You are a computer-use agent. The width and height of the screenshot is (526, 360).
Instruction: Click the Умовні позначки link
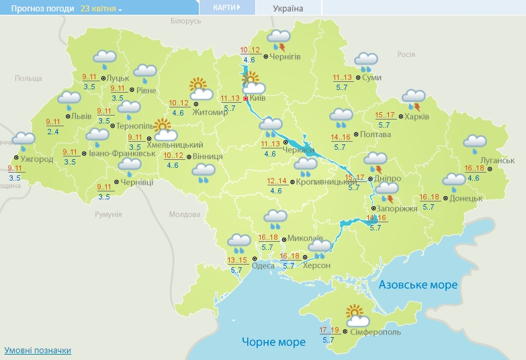(x=38, y=350)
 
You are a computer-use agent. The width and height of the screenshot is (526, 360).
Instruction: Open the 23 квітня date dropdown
(x=101, y=9)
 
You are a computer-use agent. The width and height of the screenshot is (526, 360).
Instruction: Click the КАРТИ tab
(x=227, y=7)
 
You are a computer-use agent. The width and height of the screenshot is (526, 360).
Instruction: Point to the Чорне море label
(x=273, y=342)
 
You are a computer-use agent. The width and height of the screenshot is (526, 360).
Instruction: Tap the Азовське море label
(x=418, y=285)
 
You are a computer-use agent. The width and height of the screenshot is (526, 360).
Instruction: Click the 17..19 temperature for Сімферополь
(x=328, y=330)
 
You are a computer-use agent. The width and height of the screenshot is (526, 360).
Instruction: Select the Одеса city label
(x=263, y=265)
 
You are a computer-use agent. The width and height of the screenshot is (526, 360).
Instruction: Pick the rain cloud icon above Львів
(x=69, y=101)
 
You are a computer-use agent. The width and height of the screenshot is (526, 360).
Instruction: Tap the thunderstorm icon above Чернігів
(x=279, y=40)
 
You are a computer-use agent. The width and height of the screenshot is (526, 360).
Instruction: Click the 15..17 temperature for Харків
(x=385, y=115)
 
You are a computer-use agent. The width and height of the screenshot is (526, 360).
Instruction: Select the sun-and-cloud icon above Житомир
(x=200, y=89)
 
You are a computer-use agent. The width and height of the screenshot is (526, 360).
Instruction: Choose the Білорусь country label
(x=185, y=21)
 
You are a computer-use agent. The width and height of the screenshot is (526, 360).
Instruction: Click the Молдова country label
(x=184, y=214)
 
